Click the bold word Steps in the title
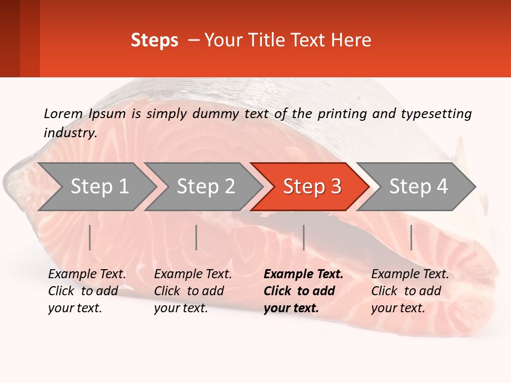tap(154, 40)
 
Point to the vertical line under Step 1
tap(90, 237)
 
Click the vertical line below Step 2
tap(196, 237)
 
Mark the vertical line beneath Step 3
tap(303, 237)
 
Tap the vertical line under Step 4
tap(411, 237)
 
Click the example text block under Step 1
tap(87, 291)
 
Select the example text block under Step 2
tap(193, 291)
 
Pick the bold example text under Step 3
tap(303, 291)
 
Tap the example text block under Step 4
tap(410, 291)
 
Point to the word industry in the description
tap(70, 133)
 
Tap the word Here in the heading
tap(351, 40)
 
